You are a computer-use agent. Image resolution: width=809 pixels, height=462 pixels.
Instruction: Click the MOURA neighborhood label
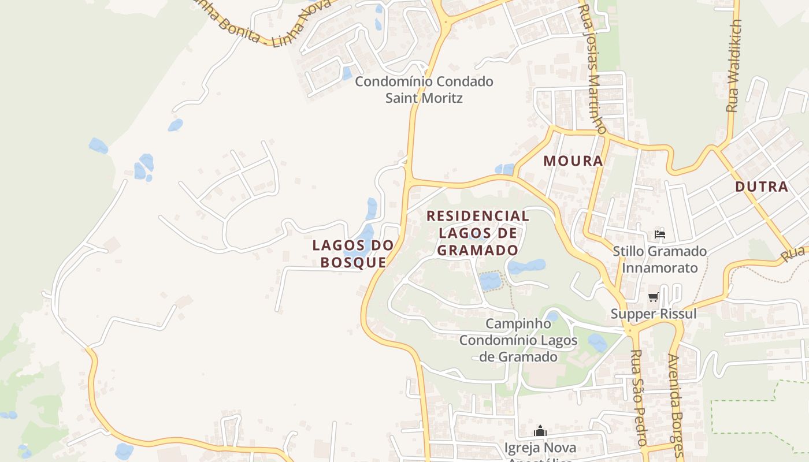coord(573,161)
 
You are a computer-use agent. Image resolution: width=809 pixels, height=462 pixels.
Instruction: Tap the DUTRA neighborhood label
coord(762,187)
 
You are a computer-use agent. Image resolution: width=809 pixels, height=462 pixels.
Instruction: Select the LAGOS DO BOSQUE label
coord(353,253)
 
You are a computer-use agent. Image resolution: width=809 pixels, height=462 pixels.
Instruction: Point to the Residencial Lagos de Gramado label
coord(477,233)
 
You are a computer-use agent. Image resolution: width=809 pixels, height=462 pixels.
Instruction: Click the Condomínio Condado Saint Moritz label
coord(424,90)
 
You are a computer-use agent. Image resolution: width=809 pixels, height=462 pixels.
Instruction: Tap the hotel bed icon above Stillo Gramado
coord(659,234)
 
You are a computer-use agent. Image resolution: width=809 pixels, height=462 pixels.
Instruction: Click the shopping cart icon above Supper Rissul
coord(654,297)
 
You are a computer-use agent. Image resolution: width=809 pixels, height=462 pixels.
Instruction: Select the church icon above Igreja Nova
coord(540,431)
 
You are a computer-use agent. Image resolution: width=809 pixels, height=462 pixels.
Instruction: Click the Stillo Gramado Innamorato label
coord(659,259)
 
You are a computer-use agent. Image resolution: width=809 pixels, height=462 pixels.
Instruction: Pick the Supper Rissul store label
coord(654,314)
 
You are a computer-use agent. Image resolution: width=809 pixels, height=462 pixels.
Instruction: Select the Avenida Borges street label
coord(676,404)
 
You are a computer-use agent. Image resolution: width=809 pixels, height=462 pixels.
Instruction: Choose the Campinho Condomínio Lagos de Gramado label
coord(518,340)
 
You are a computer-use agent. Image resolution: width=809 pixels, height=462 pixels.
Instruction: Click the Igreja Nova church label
coord(540,448)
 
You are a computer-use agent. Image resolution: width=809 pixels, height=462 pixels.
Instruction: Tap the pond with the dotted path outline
coord(490,281)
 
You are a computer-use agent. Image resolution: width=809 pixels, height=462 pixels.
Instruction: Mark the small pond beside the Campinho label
coord(552,316)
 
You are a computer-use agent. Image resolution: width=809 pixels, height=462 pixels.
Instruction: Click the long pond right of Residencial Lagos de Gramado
coord(527,266)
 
